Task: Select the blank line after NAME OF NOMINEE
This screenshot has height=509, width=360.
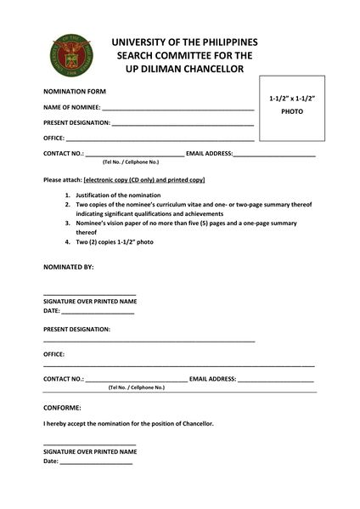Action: click(x=177, y=109)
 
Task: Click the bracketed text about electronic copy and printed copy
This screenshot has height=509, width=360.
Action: click(x=144, y=180)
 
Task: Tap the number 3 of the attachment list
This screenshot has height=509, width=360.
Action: click(x=68, y=223)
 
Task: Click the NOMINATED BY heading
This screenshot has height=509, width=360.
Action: click(x=68, y=267)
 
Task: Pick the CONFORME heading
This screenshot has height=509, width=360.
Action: click(x=62, y=408)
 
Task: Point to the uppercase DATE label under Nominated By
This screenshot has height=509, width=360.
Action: click(x=52, y=311)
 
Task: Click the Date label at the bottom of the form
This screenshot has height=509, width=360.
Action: click(x=51, y=461)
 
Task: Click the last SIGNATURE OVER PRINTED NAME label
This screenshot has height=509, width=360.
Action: click(x=89, y=451)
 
